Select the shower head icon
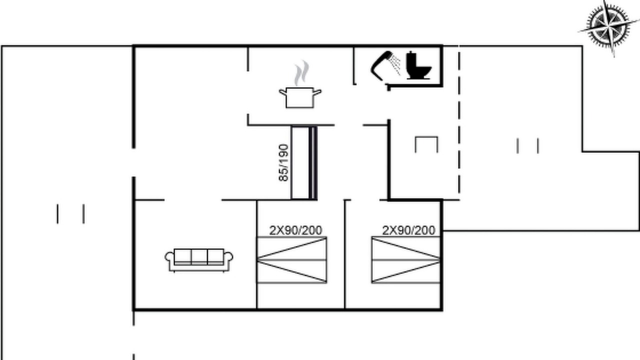click(385, 65)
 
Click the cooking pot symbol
click(300, 97)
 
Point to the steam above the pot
click(301, 73)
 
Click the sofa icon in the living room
click(199, 260)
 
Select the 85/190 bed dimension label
click(283, 163)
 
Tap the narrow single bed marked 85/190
click(304, 163)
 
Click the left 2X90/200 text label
click(295, 230)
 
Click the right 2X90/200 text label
click(409, 230)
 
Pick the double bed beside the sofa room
click(292, 260)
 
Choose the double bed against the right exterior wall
click(405, 260)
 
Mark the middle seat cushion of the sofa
click(199, 256)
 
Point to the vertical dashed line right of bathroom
click(459, 123)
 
